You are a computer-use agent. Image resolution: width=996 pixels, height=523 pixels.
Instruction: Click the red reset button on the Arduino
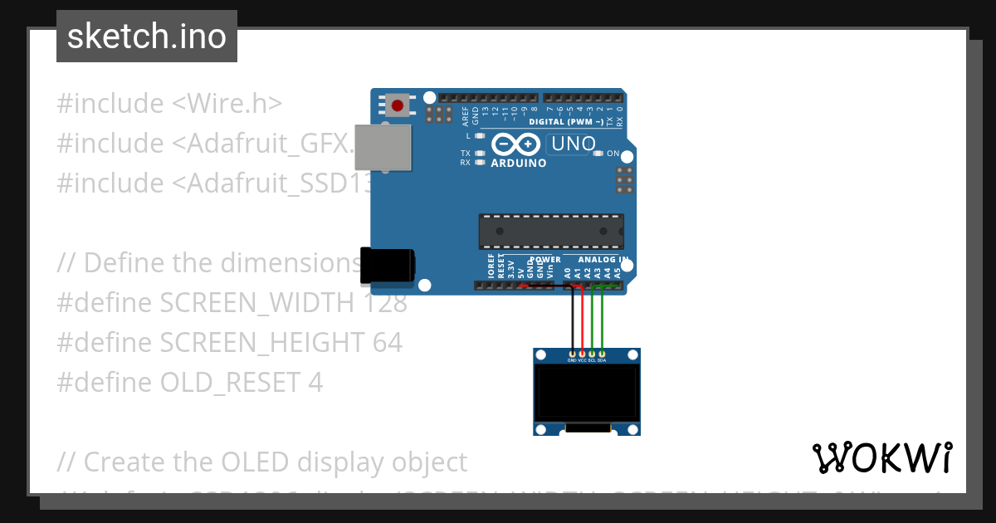398,105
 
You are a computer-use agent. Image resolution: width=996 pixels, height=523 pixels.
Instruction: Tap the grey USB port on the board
383,148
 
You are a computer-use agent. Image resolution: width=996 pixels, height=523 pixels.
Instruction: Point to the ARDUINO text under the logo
519,164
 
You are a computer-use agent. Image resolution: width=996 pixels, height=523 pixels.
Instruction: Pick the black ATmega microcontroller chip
550,231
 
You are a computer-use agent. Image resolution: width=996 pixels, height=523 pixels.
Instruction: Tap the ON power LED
599,154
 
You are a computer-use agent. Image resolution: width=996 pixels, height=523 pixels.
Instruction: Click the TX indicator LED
480,154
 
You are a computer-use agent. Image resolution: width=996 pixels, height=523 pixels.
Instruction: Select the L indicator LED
480,134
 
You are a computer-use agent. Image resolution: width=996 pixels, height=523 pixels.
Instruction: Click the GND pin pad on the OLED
572,354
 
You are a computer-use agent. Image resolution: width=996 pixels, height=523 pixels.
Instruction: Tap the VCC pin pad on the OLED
582,354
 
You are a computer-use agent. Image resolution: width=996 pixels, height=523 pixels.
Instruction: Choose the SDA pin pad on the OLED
602,354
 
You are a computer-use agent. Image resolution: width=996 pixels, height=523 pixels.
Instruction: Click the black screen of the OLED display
586,393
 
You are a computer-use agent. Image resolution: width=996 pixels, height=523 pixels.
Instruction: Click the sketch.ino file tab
147,37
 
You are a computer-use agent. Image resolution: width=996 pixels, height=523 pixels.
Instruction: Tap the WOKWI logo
881,457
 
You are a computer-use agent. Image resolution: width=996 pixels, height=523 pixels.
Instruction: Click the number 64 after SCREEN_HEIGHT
387,342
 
